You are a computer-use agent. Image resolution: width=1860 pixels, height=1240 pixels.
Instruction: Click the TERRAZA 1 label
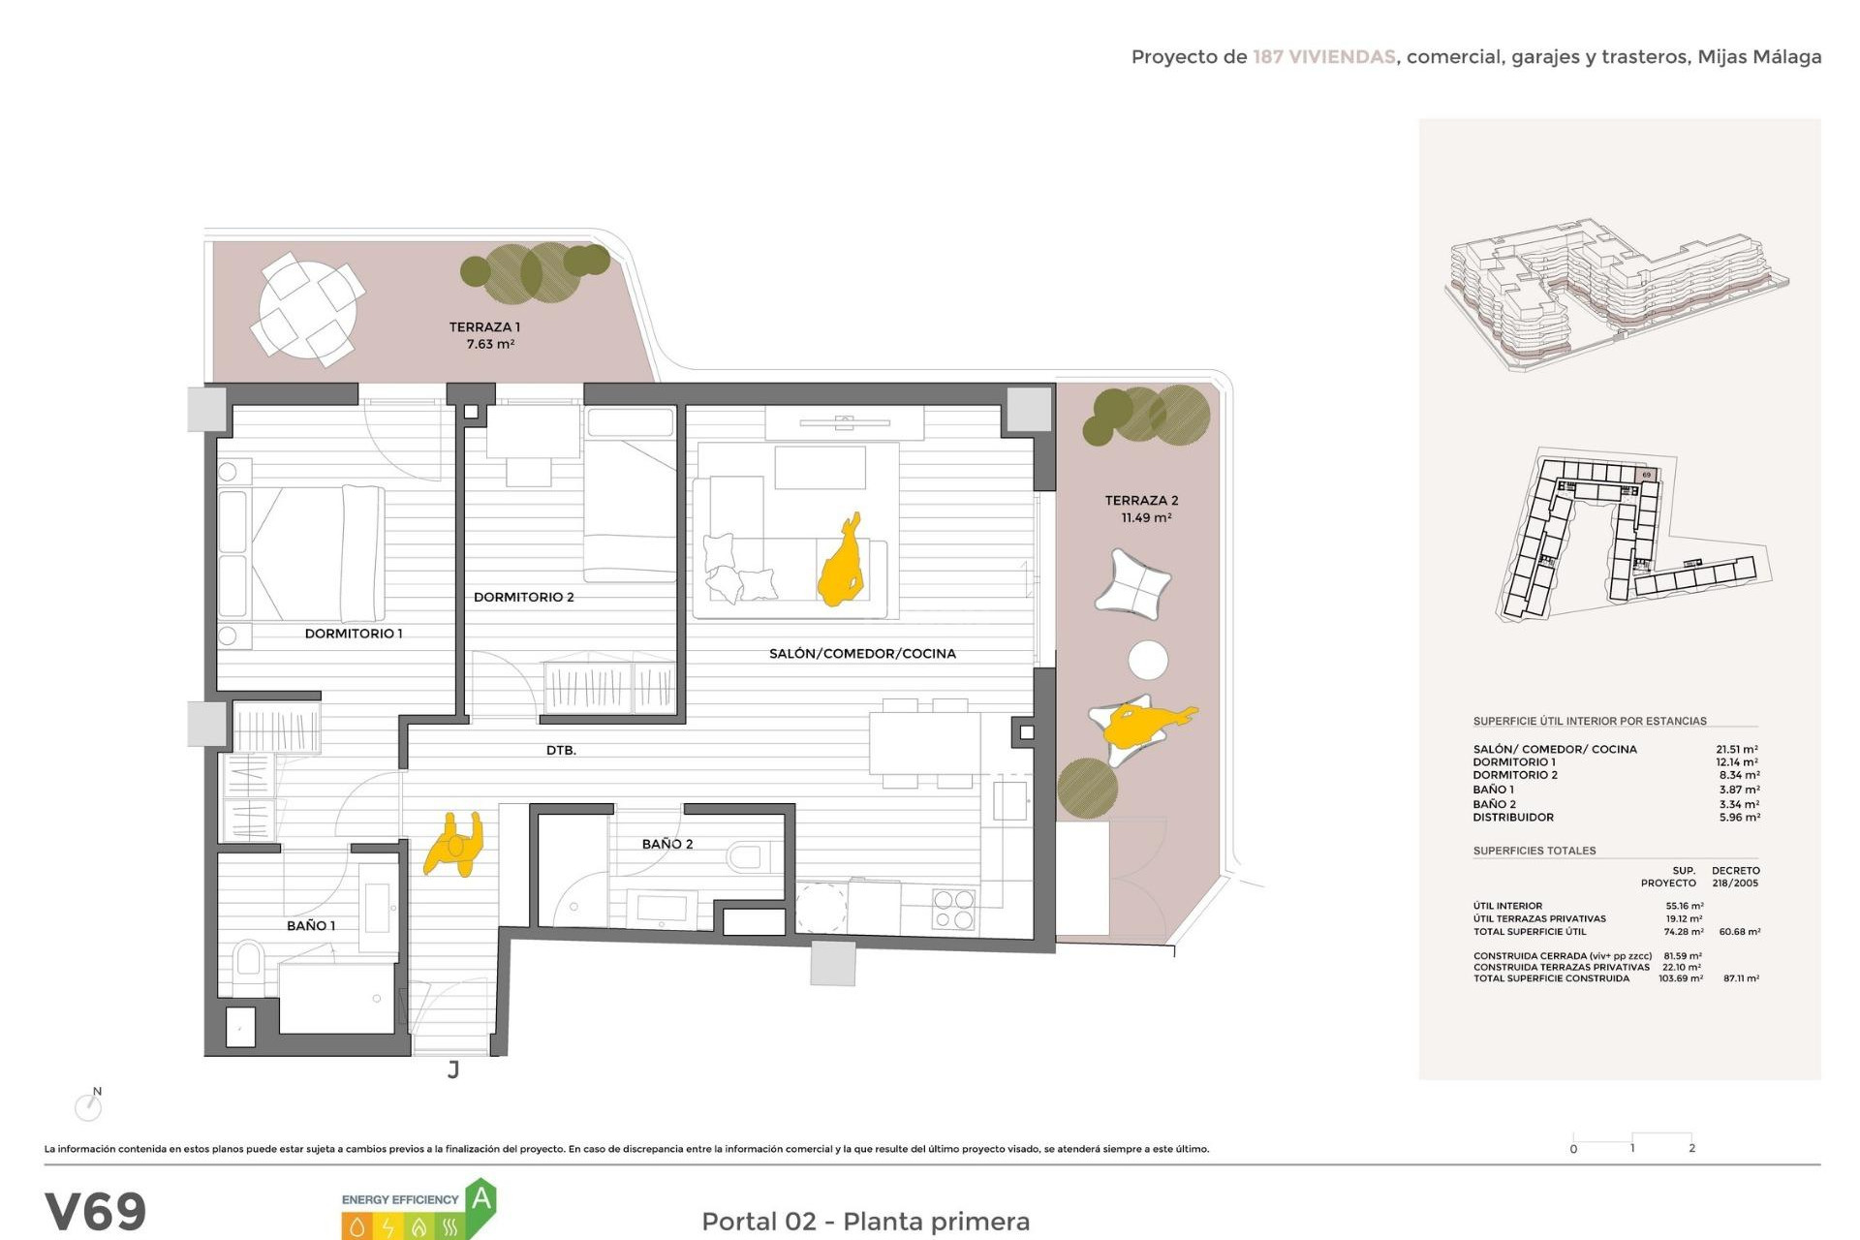[484, 327]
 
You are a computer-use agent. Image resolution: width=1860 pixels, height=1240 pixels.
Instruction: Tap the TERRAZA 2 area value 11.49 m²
[1146, 518]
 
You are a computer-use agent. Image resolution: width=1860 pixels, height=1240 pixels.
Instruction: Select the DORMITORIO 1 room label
[354, 634]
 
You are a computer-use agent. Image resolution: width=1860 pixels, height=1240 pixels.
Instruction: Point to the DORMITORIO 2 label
[523, 597]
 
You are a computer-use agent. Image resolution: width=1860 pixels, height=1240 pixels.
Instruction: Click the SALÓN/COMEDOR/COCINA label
[862, 654]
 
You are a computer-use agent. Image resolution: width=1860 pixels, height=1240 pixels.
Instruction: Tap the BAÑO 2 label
[667, 844]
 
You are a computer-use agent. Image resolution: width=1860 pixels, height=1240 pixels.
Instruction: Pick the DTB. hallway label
[561, 750]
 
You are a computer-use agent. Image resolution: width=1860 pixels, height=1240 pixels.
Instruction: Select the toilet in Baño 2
[747, 856]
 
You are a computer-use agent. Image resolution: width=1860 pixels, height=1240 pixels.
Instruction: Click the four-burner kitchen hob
[953, 909]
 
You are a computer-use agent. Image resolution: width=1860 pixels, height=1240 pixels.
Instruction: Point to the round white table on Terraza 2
[1148, 660]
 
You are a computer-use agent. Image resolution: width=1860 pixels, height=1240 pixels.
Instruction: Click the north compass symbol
[89, 1105]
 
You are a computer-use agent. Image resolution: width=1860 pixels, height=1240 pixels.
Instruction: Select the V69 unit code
[96, 1211]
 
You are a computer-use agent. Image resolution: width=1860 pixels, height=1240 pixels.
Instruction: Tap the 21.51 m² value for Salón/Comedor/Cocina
[1736, 749]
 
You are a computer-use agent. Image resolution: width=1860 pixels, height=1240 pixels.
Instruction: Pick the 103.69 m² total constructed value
[1680, 978]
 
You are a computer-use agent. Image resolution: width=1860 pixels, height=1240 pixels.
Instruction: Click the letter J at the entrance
[453, 1069]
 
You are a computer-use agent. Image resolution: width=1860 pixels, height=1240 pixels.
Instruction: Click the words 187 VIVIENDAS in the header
[1323, 57]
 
